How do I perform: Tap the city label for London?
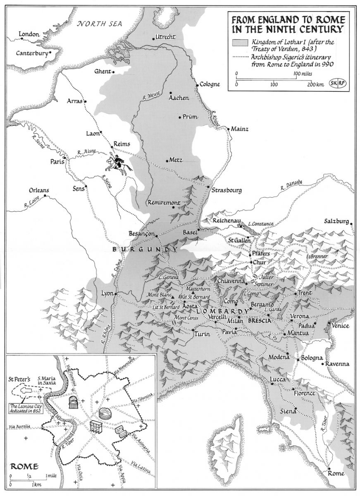pyautogui.click(x=29, y=34)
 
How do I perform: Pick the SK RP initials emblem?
pyautogui.click(x=338, y=83)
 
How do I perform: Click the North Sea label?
pyautogui.click(x=101, y=24)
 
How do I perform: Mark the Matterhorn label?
pyautogui.click(x=198, y=288)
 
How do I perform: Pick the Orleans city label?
pyautogui.click(x=39, y=191)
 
